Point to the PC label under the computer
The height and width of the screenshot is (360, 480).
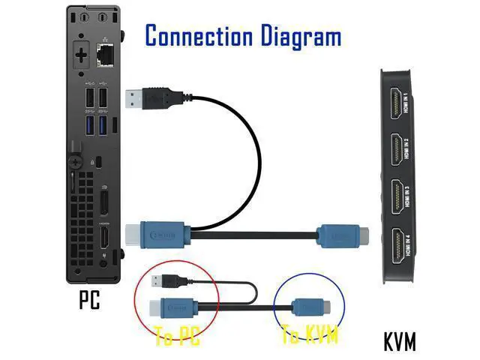89,301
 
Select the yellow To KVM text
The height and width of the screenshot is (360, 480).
310,336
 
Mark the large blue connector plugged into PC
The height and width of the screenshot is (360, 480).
160,235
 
